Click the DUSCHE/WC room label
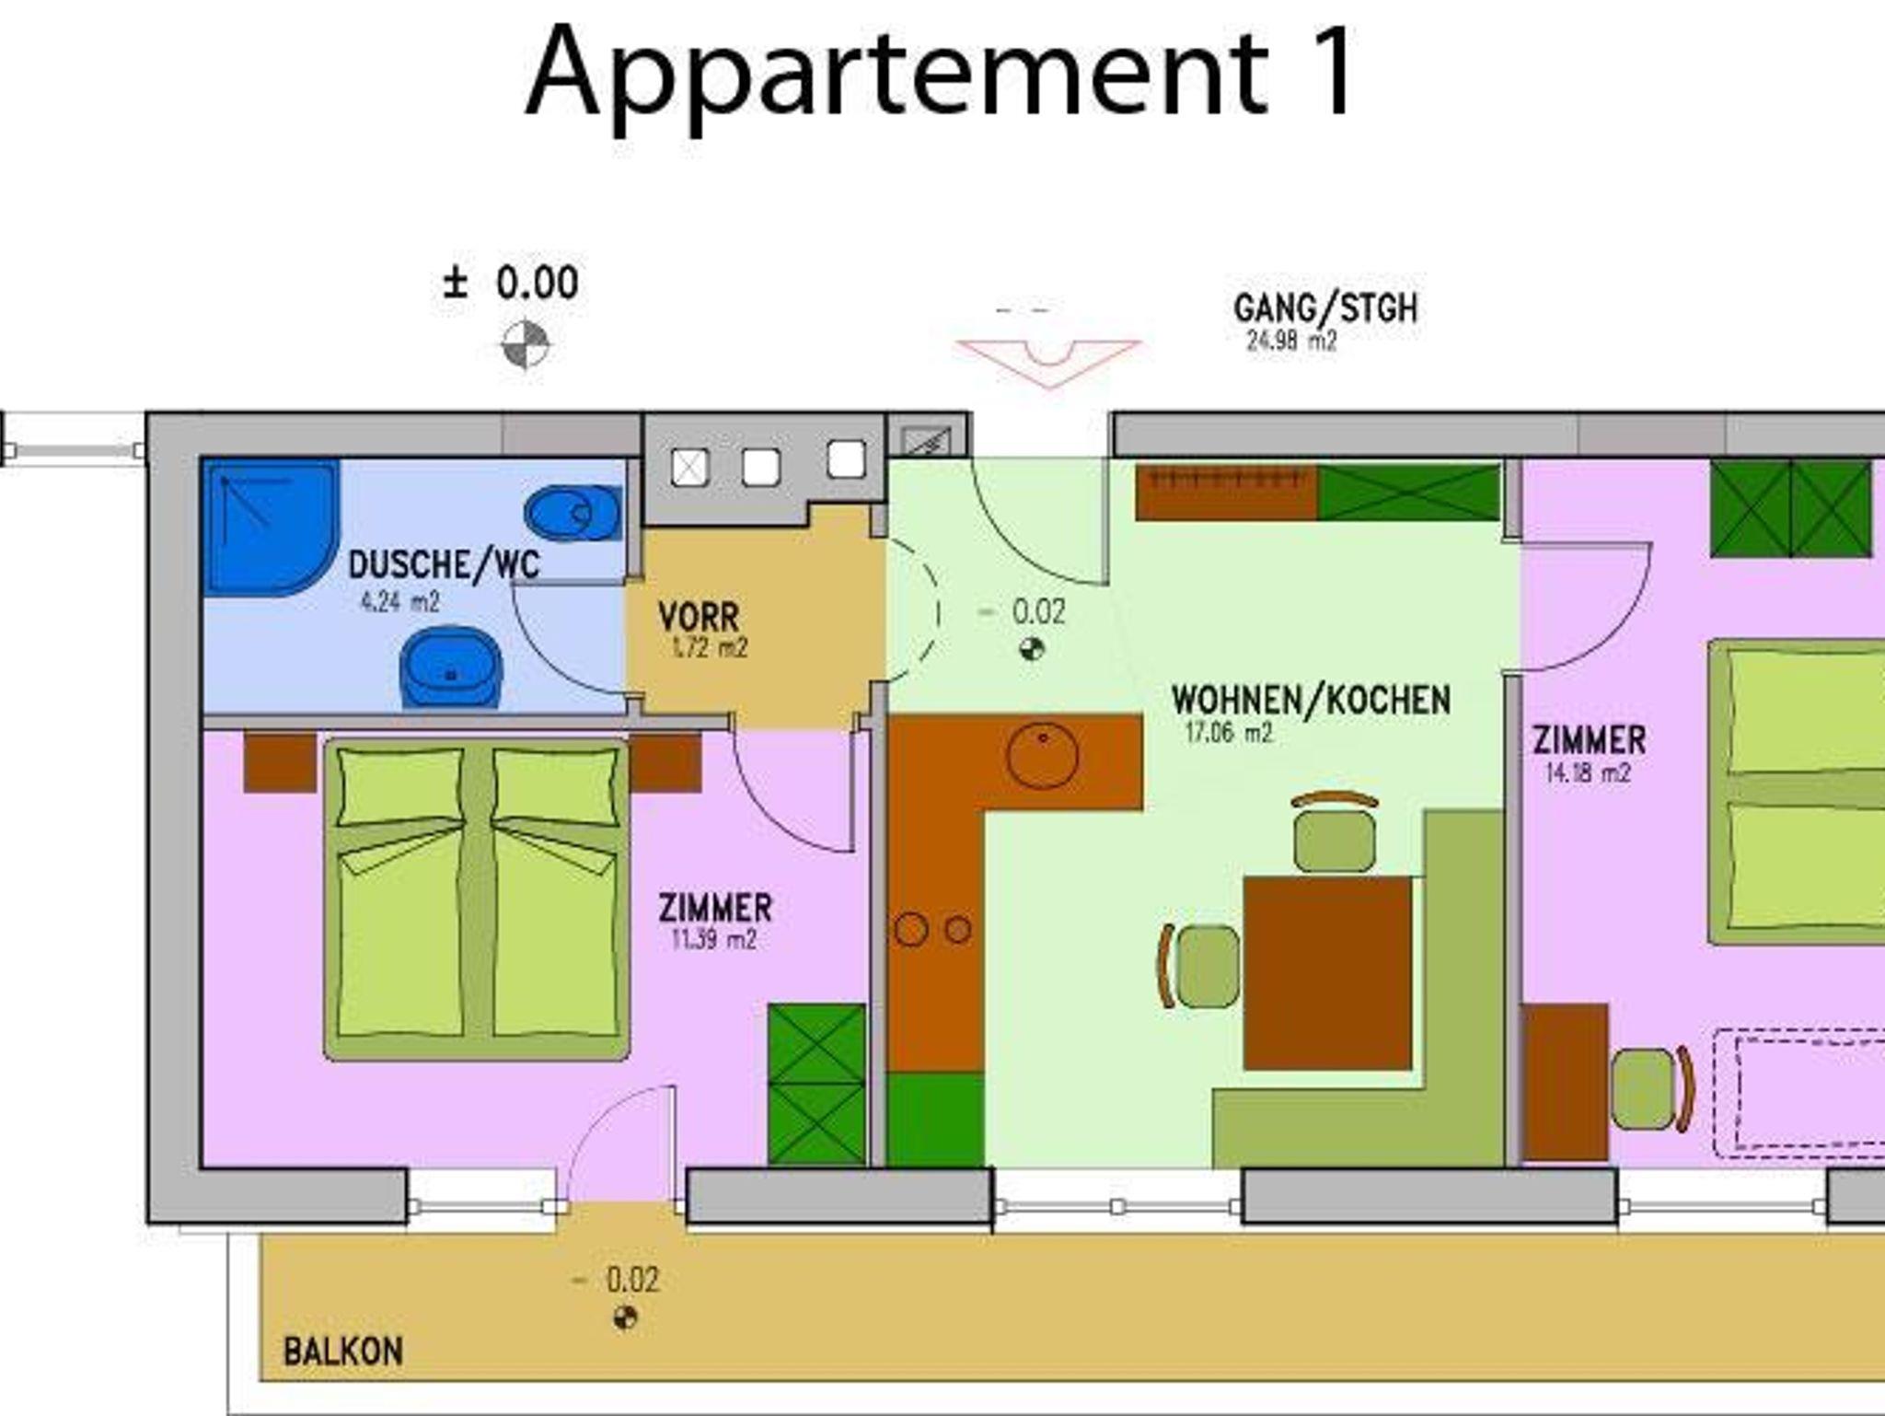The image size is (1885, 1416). [x=444, y=564]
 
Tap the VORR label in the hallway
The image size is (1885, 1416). [x=699, y=616]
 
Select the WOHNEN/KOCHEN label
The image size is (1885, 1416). [x=1311, y=700]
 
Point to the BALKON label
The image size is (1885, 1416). [x=342, y=1352]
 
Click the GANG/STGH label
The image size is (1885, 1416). [x=1325, y=308]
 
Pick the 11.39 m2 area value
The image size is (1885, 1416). [x=714, y=940]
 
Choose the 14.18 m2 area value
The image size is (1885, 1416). [x=1588, y=772]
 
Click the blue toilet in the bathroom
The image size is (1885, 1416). [x=572, y=513]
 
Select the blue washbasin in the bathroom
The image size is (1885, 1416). [x=451, y=667]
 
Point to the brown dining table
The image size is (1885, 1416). [x=1327, y=973]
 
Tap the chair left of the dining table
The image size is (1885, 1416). [x=1200, y=967]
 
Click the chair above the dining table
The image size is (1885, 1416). [x=1335, y=831]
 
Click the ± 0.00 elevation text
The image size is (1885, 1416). [x=511, y=283]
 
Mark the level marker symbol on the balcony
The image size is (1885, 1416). [x=625, y=1318]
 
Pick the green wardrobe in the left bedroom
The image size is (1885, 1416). [x=817, y=1084]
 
